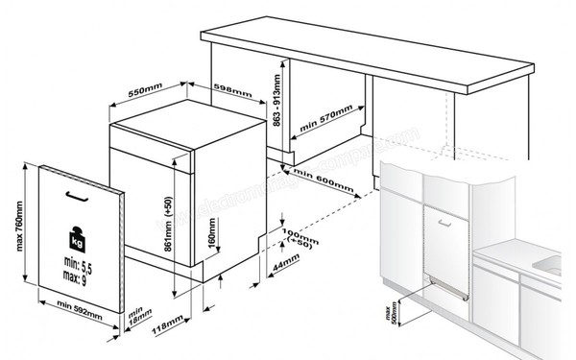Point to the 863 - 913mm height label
tap(277, 102)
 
